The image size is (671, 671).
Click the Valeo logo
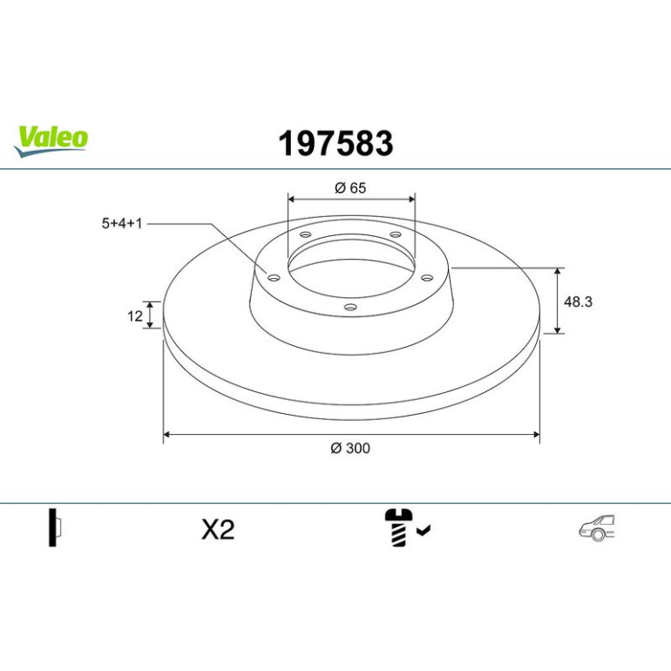pyautogui.click(x=51, y=141)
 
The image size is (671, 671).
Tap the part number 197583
pyautogui.click(x=335, y=144)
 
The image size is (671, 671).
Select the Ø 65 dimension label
pyautogui.click(x=350, y=188)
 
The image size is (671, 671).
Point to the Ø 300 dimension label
pyautogui.click(x=350, y=448)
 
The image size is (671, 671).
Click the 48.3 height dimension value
pyautogui.click(x=578, y=302)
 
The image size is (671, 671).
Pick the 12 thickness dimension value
pyautogui.click(x=135, y=316)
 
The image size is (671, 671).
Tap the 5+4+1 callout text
pyautogui.click(x=121, y=223)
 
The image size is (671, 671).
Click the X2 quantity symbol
pyautogui.click(x=218, y=530)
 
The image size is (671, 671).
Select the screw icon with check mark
pyautogui.click(x=407, y=527)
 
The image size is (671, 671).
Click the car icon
pyautogui.click(x=597, y=527)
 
